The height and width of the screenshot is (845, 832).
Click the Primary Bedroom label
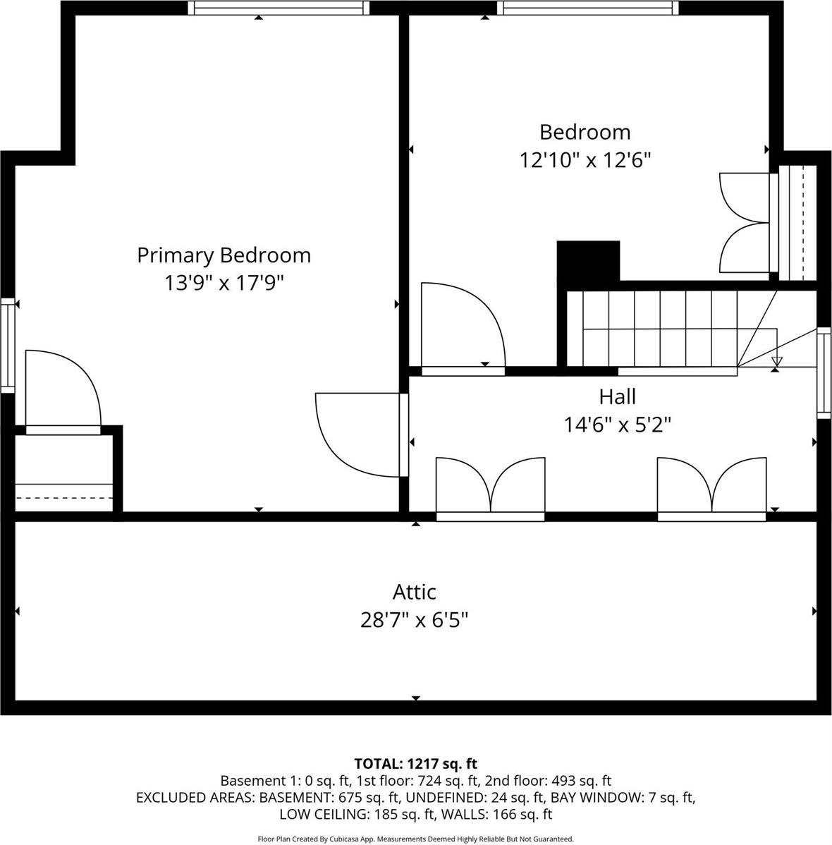(x=224, y=255)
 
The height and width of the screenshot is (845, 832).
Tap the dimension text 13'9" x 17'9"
(x=224, y=283)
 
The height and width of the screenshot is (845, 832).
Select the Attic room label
(x=414, y=591)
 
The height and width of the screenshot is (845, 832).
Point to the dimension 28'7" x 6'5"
(x=414, y=620)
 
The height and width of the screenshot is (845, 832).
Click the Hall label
(x=617, y=396)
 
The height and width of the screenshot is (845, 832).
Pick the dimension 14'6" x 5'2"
(x=617, y=425)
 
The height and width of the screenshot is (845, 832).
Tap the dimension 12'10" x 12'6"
(x=585, y=160)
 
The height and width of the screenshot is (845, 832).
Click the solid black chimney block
(x=588, y=262)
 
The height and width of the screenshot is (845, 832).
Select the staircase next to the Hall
(x=659, y=328)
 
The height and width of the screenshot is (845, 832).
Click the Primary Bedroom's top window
(x=280, y=8)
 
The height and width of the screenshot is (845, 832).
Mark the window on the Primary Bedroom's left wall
(x=7, y=346)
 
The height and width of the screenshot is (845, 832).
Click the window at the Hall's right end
(x=824, y=373)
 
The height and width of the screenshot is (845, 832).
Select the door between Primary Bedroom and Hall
(x=360, y=434)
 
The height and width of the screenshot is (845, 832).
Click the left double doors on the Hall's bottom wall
(x=490, y=489)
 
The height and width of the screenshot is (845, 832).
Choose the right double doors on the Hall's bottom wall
(x=711, y=489)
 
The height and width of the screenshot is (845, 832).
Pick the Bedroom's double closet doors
(x=746, y=223)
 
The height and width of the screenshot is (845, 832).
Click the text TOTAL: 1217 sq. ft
(x=415, y=763)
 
